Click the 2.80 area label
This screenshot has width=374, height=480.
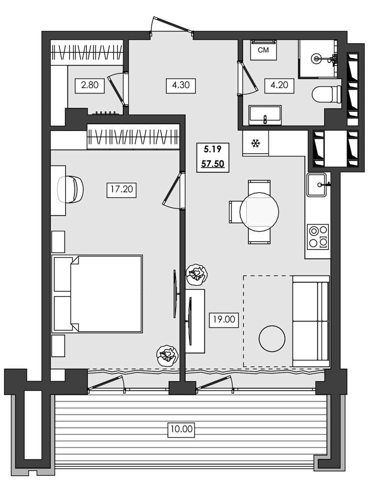90,86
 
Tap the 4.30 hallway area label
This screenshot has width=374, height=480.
181,86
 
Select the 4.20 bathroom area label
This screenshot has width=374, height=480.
280,86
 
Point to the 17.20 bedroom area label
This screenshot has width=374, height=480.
121,190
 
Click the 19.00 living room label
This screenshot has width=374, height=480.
224,318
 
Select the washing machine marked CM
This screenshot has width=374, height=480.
263,50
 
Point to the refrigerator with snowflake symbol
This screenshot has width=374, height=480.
256,143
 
